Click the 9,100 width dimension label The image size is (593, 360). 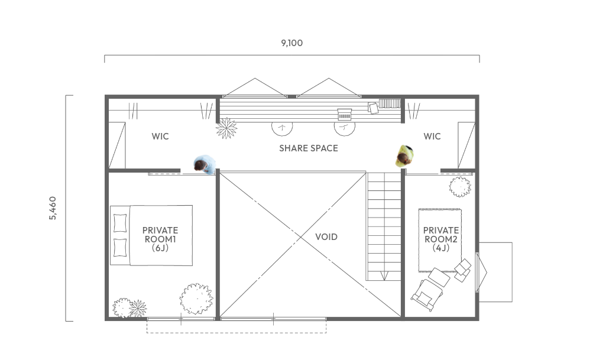(291, 43)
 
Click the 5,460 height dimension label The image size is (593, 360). (53, 208)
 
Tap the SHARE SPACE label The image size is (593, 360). (309, 148)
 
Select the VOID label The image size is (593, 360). (326, 236)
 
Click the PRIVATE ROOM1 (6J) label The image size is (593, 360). (160, 239)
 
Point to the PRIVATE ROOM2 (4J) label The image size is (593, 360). (441, 239)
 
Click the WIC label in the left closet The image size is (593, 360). (160, 136)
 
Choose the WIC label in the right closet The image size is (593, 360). (432, 136)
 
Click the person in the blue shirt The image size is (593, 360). (205, 164)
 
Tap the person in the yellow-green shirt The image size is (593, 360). (404, 156)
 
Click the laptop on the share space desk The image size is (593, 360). (345, 114)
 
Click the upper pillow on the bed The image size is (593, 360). (120, 223)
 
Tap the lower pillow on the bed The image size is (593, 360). (120, 247)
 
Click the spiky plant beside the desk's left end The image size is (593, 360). (226, 128)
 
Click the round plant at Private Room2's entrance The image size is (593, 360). (460, 186)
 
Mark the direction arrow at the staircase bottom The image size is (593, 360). (384, 275)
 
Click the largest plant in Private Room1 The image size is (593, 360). (196, 299)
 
